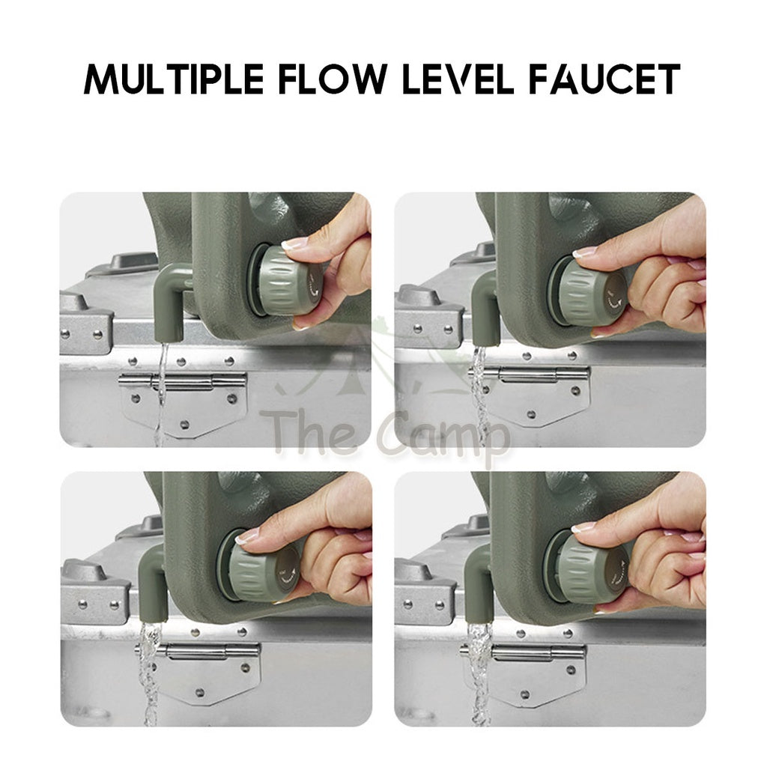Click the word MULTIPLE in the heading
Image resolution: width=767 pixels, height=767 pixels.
click(174, 79)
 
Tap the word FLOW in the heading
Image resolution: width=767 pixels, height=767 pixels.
click(333, 79)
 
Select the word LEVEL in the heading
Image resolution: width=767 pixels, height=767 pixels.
click(458, 79)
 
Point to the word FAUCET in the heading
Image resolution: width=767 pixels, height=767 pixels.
click(604, 79)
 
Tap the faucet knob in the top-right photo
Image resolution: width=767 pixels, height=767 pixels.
click(589, 292)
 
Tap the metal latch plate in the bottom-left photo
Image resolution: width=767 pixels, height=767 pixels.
click(198, 673)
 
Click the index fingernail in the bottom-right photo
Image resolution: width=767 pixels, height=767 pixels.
click(583, 527)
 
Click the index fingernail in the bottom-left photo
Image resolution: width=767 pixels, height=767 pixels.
click(248, 536)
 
